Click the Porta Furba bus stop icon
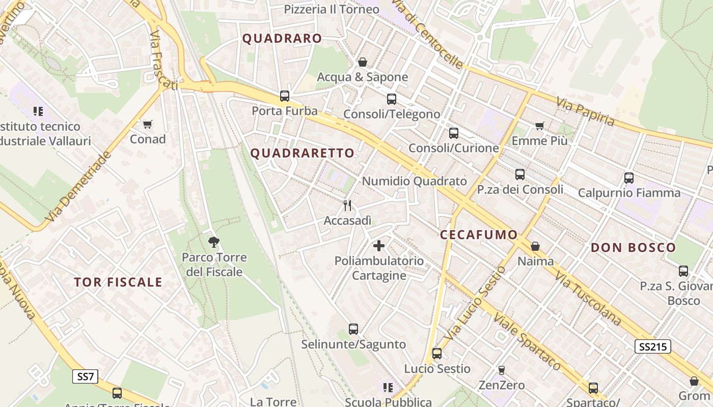click(285, 96)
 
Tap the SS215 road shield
click(652, 347)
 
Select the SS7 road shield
click(85, 377)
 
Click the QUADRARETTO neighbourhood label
click(303, 153)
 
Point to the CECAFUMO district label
click(479, 235)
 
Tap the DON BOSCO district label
click(634, 248)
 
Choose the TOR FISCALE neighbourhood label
click(118, 282)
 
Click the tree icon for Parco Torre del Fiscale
click(214, 242)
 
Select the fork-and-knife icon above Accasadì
click(347, 206)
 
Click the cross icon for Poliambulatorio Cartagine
click(379, 246)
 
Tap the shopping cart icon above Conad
click(148, 124)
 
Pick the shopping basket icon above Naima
click(535, 246)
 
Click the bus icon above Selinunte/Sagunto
click(353, 329)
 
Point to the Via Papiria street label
click(586, 112)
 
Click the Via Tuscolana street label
click(588, 298)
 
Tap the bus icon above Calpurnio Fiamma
click(629, 178)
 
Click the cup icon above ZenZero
click(502, 370)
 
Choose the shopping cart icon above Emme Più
click(540, 126)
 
